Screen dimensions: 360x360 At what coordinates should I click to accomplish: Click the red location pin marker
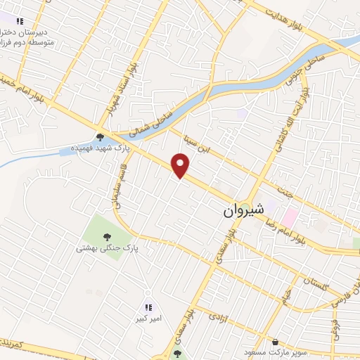[182, 166]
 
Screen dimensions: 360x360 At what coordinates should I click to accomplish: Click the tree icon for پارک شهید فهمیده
[101, 137]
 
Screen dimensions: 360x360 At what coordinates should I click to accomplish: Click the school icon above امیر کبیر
[148, 307]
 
